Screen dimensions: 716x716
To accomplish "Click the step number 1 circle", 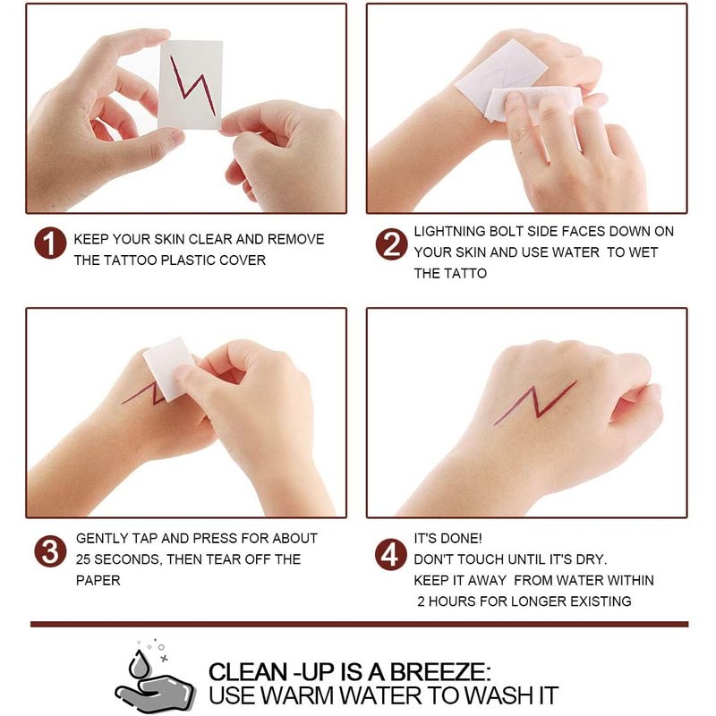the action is (50, 243).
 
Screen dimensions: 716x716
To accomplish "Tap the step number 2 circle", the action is (391, 244).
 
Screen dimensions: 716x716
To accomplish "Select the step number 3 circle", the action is (50, 551).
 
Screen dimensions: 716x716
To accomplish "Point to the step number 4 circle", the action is (390, 555).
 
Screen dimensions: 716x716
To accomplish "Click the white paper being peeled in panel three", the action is (169, 369).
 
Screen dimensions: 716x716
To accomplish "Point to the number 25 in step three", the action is (83, 559).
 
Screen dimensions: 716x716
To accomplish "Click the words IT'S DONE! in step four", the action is (447, 539).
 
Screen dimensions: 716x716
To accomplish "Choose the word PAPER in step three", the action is (98, 580).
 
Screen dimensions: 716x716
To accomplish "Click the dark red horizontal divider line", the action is (360, 624).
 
